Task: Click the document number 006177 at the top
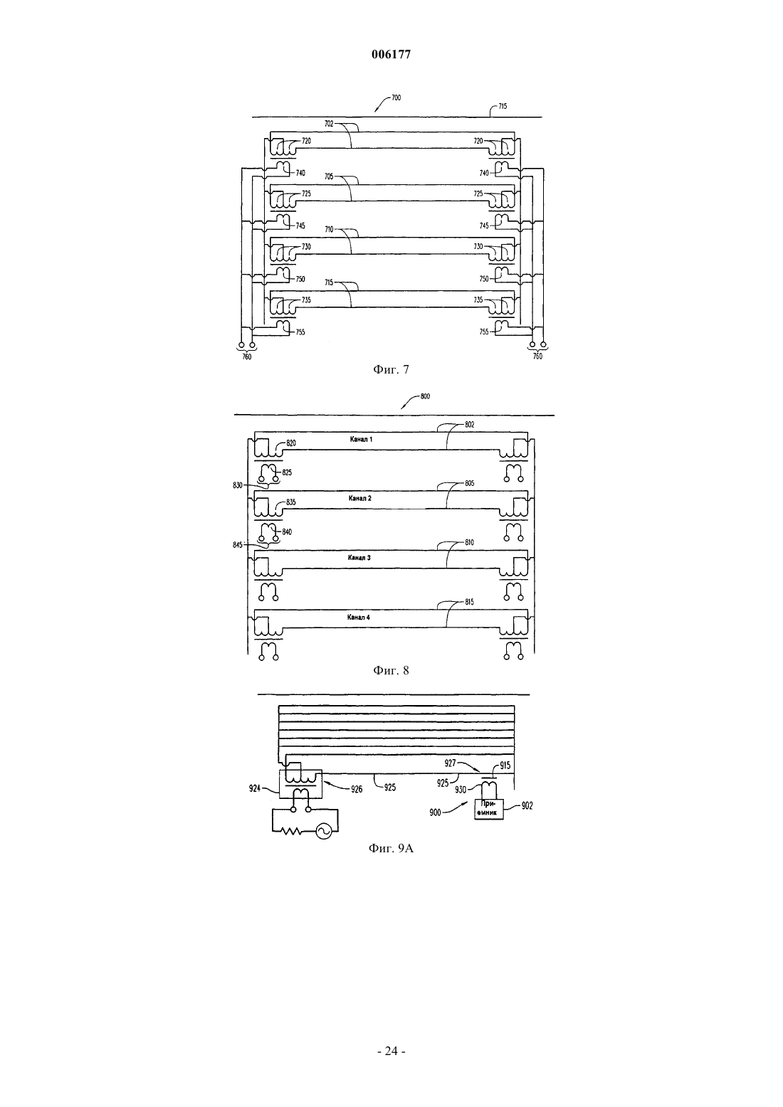click(391, 55)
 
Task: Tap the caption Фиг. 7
click(391, 369)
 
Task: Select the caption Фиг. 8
click(391, 670)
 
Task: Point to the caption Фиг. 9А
click(391, 849)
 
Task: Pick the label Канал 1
click(361, 440)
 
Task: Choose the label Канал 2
click(360, 498)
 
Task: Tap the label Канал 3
click(359, 558)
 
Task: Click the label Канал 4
click(358, 618)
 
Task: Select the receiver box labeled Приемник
click(489, 809)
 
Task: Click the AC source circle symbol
click(324, 832)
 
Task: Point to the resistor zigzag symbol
click(292, 832)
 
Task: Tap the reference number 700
click(396, 98)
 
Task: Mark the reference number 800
click(425, 396)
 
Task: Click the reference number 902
click(527, 805)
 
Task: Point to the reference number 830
click(238, 485)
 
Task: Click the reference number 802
click(470, 425)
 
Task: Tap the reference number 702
click(329, 124)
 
